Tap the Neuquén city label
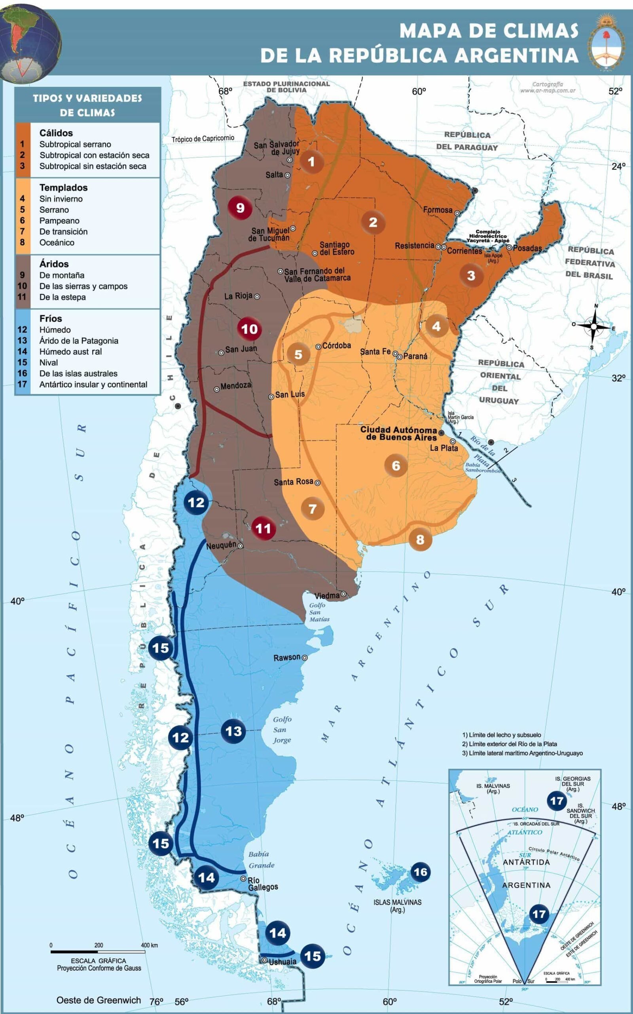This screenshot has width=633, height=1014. pos(221,545)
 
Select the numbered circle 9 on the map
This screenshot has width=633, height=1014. pos(240,208)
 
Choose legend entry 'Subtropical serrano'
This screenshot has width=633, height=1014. pos(75,144)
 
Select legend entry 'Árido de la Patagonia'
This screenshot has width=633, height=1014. pos(79,341)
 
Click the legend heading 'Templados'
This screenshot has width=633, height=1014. pos(64,187)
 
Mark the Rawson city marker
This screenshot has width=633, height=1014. pos(305,658)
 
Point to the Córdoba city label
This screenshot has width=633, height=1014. pos(336,346)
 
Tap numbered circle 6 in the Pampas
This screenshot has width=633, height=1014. pos(396,465)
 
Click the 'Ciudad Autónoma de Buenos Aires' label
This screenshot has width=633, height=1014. pos(398,433)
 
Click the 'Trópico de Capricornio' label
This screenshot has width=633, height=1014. pos(203,139)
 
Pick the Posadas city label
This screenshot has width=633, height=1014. pos(527,248)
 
